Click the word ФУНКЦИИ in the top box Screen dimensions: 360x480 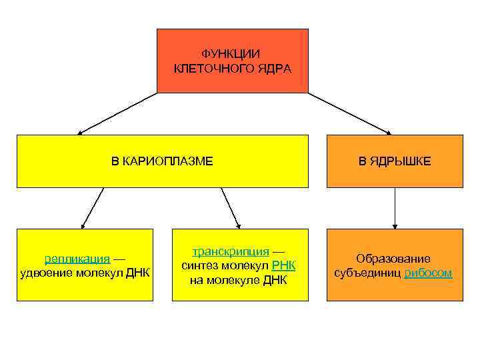click(x=232, y=53)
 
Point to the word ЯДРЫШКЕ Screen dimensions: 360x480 click(x=403, y=161)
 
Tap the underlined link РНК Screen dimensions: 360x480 click(x=283, y=265)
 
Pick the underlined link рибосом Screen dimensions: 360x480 click(x=428, y=273)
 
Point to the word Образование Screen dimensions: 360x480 click(x=393, y=258)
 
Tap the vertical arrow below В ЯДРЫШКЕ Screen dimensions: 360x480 click(x=395, y=208)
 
